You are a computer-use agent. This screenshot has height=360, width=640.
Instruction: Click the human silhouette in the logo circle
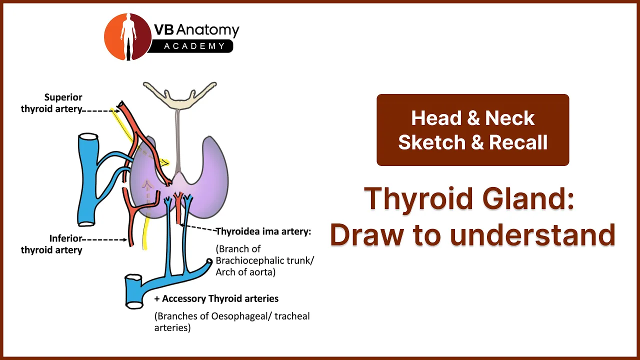pyautogui.click(x=128, y=37)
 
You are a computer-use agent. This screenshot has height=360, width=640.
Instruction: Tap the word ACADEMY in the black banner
pyautogui.click(x=194, y=46)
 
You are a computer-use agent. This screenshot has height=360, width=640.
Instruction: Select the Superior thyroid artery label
pyautogui.click(x=51, y=103)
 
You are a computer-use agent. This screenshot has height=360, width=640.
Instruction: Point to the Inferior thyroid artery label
pyautogui.click(x=51, y=244)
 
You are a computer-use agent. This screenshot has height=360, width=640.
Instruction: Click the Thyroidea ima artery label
pyautogui.click(x=263, y=231)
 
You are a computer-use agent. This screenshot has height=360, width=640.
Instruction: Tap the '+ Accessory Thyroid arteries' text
pyautogui.click(x=216, y=298)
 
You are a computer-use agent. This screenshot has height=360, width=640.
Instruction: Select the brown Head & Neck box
pyautogui.click(x=473, y=130)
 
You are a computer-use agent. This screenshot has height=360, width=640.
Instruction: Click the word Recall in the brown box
pyautogui.click(x=518, y=142)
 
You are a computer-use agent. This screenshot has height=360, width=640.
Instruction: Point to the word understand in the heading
pyautogui.click(x=533, y=235)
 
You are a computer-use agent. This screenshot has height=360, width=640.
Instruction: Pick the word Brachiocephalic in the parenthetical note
pyautogui.click(x=250, y=260)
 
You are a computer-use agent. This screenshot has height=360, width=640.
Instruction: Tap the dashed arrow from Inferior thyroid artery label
pyautogui.click(x=104, y=239)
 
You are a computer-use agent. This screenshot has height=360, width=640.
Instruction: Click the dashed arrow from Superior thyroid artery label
pyautogui.click(x=101, y=110)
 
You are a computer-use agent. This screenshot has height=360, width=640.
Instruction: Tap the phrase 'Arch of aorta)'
pyautogui.click(x=245, y=272)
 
